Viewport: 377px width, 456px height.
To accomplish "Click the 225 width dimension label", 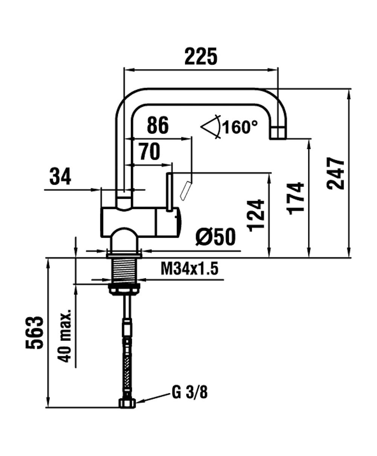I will [x=201, y=56].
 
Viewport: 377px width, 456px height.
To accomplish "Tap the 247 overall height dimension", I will [x=336, y=173].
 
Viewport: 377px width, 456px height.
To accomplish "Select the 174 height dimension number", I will [x=296, y=198].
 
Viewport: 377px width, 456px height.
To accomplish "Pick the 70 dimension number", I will [x=149, y=151].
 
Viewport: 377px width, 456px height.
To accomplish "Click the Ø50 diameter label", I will [x=215, y=237].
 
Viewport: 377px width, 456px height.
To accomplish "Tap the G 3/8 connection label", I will [x=190, y=393].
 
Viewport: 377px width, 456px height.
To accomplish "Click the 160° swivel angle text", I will [x=240, y=127].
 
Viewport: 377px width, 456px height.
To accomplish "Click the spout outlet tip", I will [x=278, y=133].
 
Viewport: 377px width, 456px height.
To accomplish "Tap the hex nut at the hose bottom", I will [x=127, y=404].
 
